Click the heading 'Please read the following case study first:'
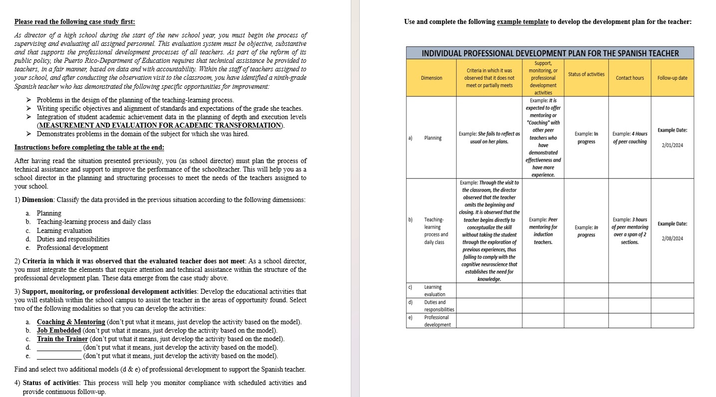pyautogui.click(x=74, y=22)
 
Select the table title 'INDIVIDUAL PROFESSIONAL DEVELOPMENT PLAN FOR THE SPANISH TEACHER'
pyautogui.click(x=550, y=53)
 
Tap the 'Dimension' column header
pyautogui.click(x=432, y=78)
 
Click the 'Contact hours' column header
pyautogui.click(x=630, y=78)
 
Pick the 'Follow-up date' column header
pyautogui.click(x=672, y=78)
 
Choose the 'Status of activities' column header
pyautogui.click(x=586, y=74)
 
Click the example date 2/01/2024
pyautogui.click(x=672, y=145)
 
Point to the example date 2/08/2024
pyautogui.click(x=672, y=238)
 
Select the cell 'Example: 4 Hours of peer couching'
pyautogui.click(x=630, y=138)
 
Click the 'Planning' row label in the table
pyautogui.click(x=433, y=138)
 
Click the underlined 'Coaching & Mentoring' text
pyautogui.click(x=71, y=322)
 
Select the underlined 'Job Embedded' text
pyautogui.click(x=59, y=331)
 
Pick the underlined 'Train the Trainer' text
pyautogui.click(x=62, y=339)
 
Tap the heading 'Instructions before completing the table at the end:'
pyautogui.click(x=89, y=148)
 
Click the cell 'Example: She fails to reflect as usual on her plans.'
pyautogui.click(x=489, y=138)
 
